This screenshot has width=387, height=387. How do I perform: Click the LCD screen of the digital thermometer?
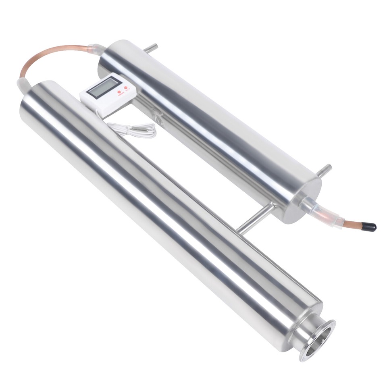104,87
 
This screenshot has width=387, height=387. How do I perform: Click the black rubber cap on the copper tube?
368,227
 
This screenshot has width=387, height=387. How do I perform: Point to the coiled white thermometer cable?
133,130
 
